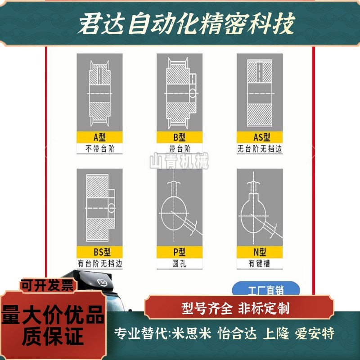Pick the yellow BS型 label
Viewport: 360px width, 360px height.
click(x=99, y=253)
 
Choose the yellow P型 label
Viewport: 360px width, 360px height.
click(x=179, y=253)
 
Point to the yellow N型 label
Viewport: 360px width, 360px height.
click(x=260, y=253)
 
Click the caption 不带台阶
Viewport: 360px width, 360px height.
click(x=99, y=149)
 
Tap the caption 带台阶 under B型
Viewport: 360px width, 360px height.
click(x=179, y=149)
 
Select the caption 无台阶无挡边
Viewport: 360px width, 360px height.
click(x=260, y=149)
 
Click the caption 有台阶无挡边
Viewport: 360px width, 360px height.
click(x=99, y=264)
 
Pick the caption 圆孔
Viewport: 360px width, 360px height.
click(x=179, y=264)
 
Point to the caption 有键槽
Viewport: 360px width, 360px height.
click(x=260, y=264)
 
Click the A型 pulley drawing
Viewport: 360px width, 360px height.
click(x=99, y=93)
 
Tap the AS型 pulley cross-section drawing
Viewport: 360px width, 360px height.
click(x=260, y=93)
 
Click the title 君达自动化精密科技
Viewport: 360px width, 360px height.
click(x=186, y=23)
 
